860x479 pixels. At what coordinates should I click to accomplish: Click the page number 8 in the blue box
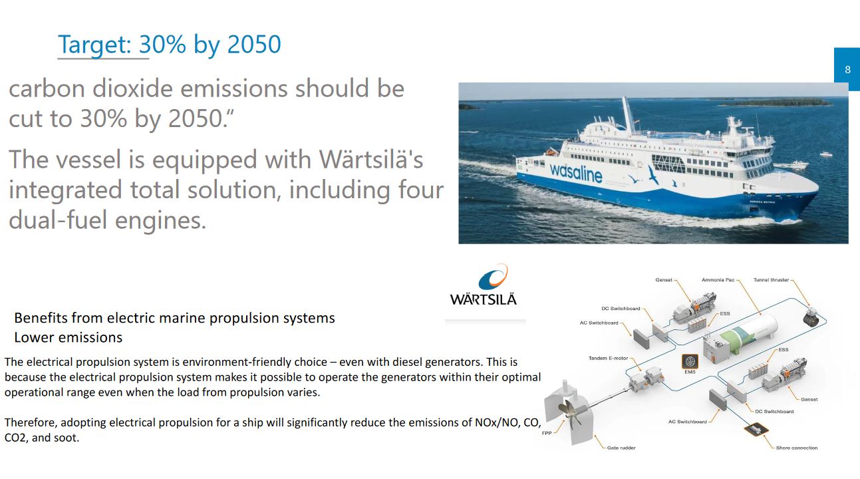tap(848, 70)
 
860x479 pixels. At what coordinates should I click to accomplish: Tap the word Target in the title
tap(95, 45)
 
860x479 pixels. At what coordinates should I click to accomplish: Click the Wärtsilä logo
tap(484, 285)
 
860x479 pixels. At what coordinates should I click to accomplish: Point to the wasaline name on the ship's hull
tap(576, 173)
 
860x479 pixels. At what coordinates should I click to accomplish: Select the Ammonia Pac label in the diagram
tap(718, 279)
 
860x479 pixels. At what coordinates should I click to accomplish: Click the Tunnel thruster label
tap(771, 279)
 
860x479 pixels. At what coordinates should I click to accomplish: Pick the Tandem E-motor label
tap(608, 358)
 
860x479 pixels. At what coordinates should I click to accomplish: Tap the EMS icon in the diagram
tap(690, 361)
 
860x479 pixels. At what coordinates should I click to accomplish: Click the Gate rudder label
tap(621, 448)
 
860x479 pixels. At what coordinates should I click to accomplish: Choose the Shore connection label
tap(797, 448)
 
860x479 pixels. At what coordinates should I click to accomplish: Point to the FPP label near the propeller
tap(547, 433)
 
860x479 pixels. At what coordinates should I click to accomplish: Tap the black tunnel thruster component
tap(811, 317)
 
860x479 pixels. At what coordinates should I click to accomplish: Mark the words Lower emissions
tap(69, 337)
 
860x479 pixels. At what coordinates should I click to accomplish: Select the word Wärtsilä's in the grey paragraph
tap(371, 159)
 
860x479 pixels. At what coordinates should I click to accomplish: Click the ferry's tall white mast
tap(629, 115)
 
